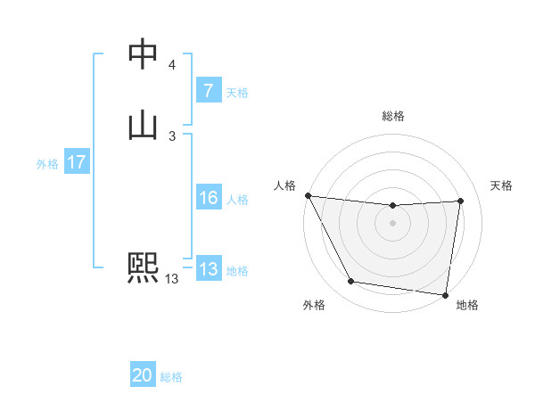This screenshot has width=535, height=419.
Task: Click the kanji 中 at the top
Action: point(144,54)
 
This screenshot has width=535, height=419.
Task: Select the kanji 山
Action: point(144,126)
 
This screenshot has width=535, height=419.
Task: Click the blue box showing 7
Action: point(208,90)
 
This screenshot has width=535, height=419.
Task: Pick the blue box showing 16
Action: point(208,198)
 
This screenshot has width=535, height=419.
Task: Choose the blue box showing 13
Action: point(208,269)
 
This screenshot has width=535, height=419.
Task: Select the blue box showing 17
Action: point(76,162)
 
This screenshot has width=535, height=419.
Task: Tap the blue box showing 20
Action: point(143,376)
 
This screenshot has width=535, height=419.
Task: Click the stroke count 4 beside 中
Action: point(172,65)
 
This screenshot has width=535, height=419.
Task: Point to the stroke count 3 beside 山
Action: point(172,136)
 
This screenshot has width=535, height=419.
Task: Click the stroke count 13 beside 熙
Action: point(171,279)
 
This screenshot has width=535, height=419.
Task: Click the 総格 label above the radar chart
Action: point(393,116)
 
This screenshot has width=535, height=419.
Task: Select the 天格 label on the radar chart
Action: point(501,185)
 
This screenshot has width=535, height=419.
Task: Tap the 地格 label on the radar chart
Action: point(467,305)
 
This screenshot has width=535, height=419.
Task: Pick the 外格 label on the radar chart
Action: point(314,305)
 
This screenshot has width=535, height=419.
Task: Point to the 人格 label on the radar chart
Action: point(284,185)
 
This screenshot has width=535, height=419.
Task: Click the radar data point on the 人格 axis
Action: point(308,195)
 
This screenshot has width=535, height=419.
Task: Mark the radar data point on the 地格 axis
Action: point(446,294)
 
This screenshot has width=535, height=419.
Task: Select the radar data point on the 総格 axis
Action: point(393,206)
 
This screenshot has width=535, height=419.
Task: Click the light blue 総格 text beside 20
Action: point(171,377)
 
